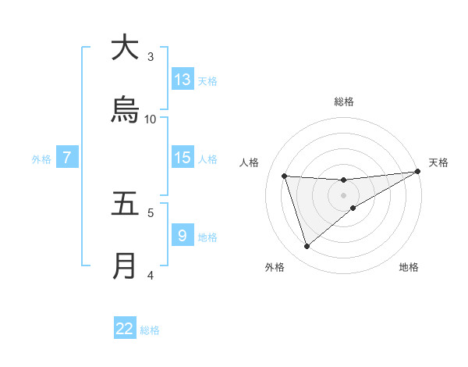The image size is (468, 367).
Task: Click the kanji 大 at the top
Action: click(x=125, y=47)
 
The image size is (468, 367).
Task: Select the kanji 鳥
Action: click(x=125, y=110)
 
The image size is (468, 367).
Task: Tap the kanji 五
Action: click(x=125, y=204)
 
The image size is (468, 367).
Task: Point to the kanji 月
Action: click(x=125, y=266)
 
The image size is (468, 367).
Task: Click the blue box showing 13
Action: click(x=183, y=79)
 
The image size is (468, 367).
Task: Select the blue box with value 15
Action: click(x=183, y=158)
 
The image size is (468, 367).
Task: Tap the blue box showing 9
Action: click(x=183, y=235)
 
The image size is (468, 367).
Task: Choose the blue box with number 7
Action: click(x=67, y=158)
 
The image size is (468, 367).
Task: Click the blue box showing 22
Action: click(x=125, y=329)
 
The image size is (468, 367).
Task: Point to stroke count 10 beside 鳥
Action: click(x=151, y=119)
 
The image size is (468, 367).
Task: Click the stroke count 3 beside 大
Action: click(x=151, y=56)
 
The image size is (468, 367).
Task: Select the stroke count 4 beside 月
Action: click(x=151, y=275)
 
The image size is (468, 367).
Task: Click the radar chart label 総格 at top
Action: click(x=343, y=102)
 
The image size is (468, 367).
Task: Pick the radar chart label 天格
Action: click(x=438, y=162)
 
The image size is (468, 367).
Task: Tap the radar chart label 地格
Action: click(x=409, y=267)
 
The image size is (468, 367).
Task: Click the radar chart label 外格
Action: click(x=275, y=267)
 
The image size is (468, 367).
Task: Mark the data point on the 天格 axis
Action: click(x=417, y=172)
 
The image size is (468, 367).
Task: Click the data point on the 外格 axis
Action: click(x=307, y=247)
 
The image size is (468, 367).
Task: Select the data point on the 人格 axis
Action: click(x=285, y=176)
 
